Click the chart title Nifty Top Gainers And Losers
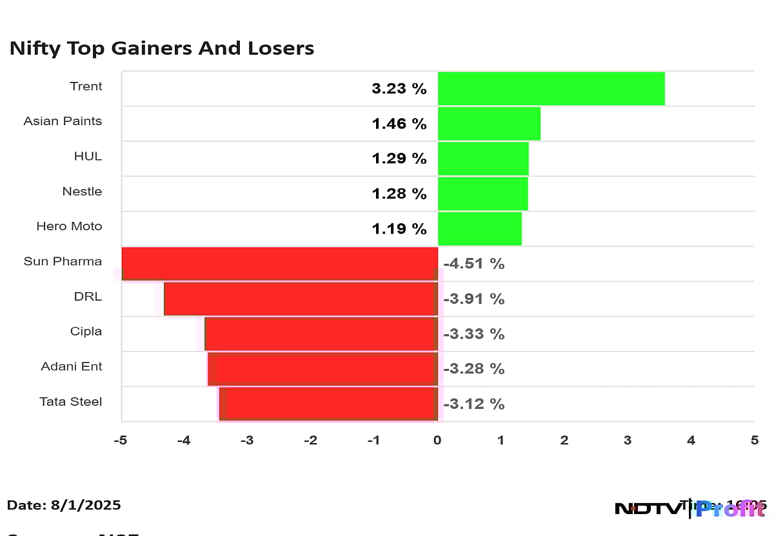162,48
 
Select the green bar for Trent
551,88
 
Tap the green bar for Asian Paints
489,124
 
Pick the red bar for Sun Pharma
280,264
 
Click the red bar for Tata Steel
329,404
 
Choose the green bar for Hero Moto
479,228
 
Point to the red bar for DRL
301,299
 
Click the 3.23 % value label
399,89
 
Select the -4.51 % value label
473,264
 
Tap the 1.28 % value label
399,194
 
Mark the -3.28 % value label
473,369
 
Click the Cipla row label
86,332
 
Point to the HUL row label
88,156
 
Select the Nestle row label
82,192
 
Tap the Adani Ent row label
72,366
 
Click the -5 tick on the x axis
120,441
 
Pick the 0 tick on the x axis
437,441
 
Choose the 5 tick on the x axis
754,441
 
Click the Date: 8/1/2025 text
64,505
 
